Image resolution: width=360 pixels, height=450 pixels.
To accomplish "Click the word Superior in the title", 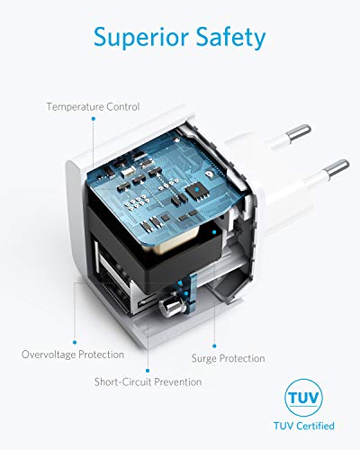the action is (141, 37).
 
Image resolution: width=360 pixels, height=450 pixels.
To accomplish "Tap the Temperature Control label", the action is (93, 107).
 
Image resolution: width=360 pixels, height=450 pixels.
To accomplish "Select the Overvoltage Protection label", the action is (73, 355).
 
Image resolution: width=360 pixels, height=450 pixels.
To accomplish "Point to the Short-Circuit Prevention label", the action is (148, 382).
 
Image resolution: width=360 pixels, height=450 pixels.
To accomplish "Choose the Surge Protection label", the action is (229, 358).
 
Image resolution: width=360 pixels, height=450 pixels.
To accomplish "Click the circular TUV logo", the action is (303, 398).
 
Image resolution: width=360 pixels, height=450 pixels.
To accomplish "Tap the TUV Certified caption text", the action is (304, 426).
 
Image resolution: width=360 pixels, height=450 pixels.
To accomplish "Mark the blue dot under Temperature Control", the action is (94, 119).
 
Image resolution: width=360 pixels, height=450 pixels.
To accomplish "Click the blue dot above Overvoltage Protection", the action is (75, 342).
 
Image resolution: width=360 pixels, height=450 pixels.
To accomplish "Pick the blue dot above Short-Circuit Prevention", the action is (148, 371).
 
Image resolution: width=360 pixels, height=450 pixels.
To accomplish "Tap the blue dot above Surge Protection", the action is (214, 346).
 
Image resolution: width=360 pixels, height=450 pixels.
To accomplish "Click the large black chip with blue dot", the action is (197, 190).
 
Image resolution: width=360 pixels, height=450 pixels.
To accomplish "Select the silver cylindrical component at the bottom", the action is (170, 307).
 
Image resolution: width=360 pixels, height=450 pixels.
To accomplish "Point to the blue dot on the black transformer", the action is (214, 232).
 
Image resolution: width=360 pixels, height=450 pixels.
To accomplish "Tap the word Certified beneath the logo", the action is (314, 426).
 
